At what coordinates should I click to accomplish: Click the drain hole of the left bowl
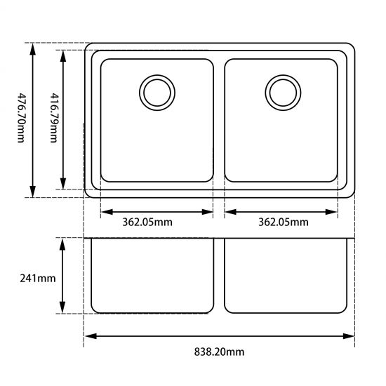click(x=156, y=91)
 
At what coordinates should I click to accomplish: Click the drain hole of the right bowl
click(x=281, y=91)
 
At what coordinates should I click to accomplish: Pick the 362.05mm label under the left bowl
click(x=147, y=222)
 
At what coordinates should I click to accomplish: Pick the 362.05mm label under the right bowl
click(x=283, y=222)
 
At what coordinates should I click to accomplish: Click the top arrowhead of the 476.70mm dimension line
click(x=33, y=48)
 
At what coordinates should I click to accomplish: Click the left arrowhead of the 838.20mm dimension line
click(x=89, y=336)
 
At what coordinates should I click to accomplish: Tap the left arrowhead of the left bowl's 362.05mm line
click(x=106, y=211)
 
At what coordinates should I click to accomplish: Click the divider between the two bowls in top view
click(x=219, y=119)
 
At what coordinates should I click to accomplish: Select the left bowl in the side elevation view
click(x=152, y=277)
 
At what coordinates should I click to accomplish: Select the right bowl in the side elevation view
click(x=286, y=277)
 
